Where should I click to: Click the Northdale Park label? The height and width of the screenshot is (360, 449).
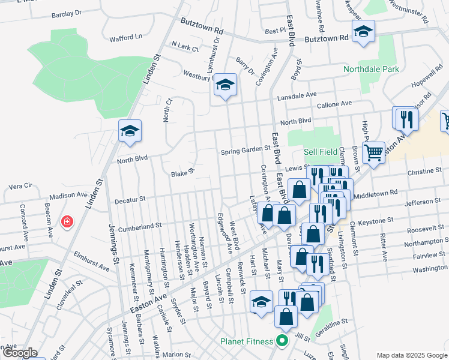tap(371, 70)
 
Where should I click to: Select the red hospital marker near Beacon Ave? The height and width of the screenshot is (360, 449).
tap(67, 223)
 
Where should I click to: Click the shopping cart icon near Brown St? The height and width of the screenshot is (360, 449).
tap(374, 154)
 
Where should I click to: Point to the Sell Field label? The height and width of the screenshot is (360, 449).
tap(321, 152)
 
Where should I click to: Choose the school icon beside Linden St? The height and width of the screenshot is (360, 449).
tap(130, 131)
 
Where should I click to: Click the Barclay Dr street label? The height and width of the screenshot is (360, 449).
tap(67, 13)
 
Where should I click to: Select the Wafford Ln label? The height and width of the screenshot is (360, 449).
tap(125, 37)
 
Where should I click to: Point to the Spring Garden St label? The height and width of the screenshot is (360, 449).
tap(246, 150)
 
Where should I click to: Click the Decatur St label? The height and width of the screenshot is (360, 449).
tap(130, 199)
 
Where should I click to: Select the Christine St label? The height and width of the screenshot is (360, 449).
tap(424, 172)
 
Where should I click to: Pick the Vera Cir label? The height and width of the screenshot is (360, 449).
tap(20, 186)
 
